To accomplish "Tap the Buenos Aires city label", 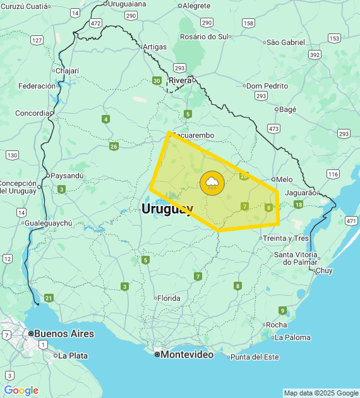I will (64, 334).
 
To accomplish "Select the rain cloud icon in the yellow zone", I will (212, 183).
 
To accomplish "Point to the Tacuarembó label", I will (193, 136).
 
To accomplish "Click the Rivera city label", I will (180, 80).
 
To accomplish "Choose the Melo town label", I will (284, 179).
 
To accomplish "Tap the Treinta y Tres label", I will (285, 238).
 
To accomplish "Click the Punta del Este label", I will (255, 357).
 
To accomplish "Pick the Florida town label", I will (169, 298).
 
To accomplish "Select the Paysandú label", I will (66, 176).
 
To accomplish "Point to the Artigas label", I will (155, 47).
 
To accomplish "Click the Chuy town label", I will (323, 270).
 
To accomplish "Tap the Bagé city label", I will (287, 109).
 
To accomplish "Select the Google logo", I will (21, 390).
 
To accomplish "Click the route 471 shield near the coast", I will (351, 220).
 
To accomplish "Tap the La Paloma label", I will (293, 337).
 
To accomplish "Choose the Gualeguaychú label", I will (48, 223).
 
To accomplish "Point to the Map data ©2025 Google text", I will (321, 393).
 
